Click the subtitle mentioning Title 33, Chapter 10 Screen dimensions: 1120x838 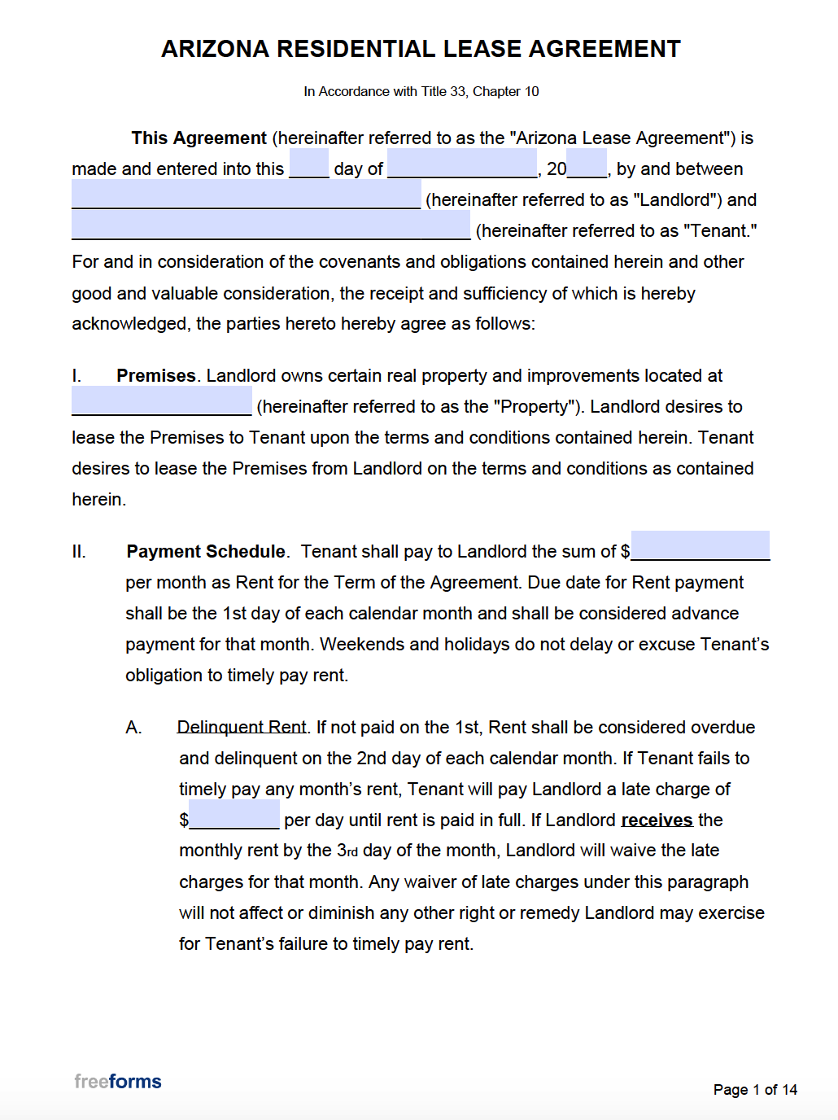click(x=421, y=91)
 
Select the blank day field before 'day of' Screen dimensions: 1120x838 click(x=308, y=164)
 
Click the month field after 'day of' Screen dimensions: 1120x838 click(x=461, y=164)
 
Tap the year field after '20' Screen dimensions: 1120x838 click(x=587, y=164)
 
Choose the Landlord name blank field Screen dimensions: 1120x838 click(x=246, y=195)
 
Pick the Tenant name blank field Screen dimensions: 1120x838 click(x=270, y=225)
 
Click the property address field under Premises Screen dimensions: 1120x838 click(x=161, y=401)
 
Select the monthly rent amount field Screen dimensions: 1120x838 click(x=700, y=545)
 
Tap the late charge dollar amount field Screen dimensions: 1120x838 click(x=234, y=814)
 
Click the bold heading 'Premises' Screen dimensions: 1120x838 click(x=156, y=376)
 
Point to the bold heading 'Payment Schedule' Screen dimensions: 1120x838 click(x=206, y=552)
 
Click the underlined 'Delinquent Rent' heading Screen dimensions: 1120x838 click(x=242, y=728)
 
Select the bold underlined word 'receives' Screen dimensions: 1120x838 click(x=657, y=820)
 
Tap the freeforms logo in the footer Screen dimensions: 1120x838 click(x=118, y=1082)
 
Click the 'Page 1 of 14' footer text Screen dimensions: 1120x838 click(x=755, y=1090)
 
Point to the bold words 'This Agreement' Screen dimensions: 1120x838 click(x=199, y=138)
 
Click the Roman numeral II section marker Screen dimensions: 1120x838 click(x=79, y=552)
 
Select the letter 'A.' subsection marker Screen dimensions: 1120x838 click(x=134, y=728)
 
